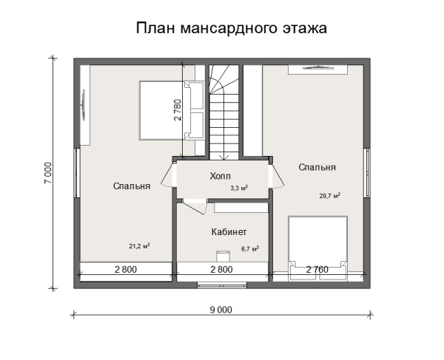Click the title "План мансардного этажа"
pyautogui.click(x=232, y=29)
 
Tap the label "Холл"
pyautogui.click(x=221, y=176)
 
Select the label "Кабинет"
pyautogui.click(x=229, y=231)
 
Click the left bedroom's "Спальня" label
pyautogui.click(x=132, y=186)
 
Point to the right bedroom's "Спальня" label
pyautogui.click(x=317, y=168)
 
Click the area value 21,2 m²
pyautogui.click(x=140, y=246)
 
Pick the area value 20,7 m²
pyautogui.click(x=329, y=196)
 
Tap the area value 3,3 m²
pyautogui.click(x=238, y=189)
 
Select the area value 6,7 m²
pyautogui.click(x=250, y=249)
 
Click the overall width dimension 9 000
pyautogui.click(x=221, y=310)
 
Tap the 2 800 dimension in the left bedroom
pyautogui.click(x=125, y=270)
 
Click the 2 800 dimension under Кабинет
pyautogui.click(x=222, y=270)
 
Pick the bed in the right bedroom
pyautogui.click(x=318, y=243)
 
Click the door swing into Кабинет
pyautogui.click(x=191, y=206)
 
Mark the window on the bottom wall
pyautogui.click(x=222, y=284)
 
